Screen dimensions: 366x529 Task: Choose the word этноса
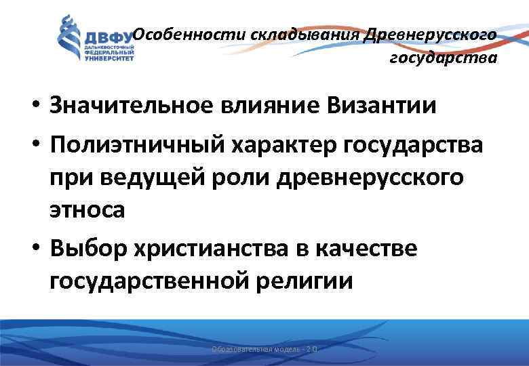87,210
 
